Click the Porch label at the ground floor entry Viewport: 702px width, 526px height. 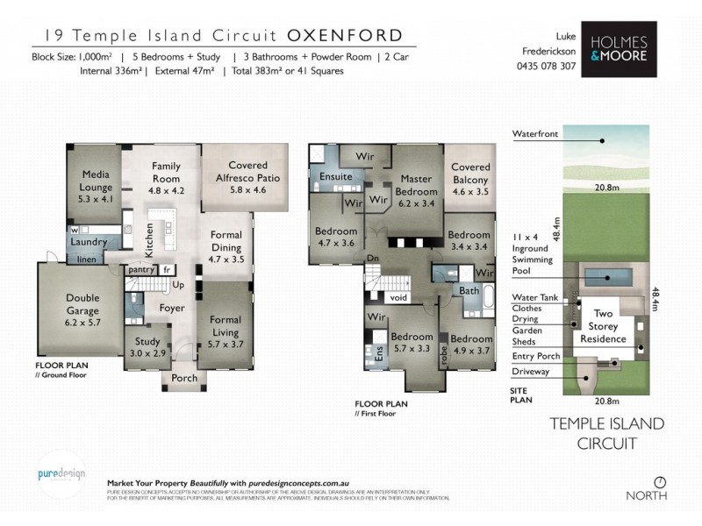coord(184,379)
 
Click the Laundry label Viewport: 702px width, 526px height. coord(89,242)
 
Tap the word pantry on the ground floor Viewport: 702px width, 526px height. coord(141,270)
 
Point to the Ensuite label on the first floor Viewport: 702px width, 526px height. coord(335,176)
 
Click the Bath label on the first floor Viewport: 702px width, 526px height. coord(469,290)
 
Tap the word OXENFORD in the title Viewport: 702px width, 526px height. coord(345,36)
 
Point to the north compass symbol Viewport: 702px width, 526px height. coord(661,481)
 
